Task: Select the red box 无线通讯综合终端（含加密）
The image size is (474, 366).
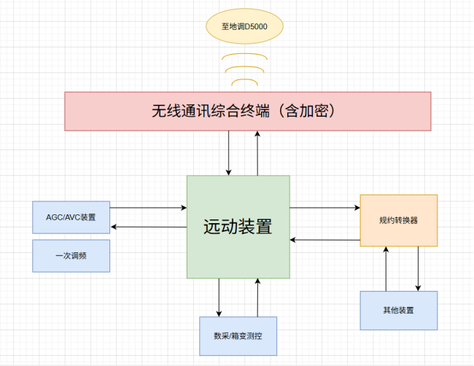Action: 248,111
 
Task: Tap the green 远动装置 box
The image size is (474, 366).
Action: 238,226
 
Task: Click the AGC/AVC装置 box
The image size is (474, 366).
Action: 71,217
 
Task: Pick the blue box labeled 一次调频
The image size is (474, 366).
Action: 71,256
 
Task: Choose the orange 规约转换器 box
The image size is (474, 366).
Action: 398,220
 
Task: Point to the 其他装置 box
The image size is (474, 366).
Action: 398,311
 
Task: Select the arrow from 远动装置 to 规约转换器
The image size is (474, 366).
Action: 325,208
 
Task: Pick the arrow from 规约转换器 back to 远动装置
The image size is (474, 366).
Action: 325,239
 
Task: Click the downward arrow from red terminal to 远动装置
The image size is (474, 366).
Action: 229,153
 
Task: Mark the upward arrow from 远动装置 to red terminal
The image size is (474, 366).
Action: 257,153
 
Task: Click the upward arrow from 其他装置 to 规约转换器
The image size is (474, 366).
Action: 386,269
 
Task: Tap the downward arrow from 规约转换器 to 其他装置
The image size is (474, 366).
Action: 419,269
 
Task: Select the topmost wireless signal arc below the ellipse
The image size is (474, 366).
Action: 244,55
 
